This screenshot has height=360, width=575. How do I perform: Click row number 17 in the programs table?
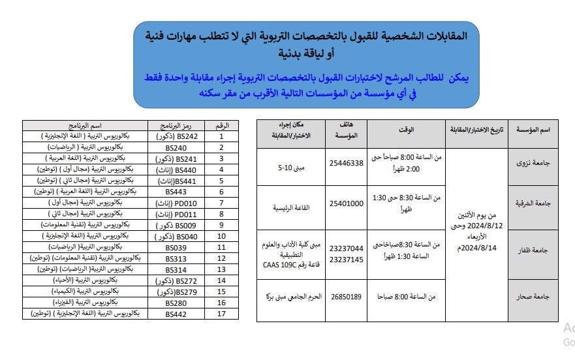(221, 314)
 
